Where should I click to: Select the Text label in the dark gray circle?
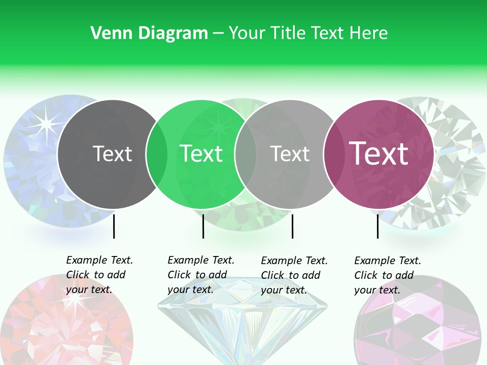(112, 154)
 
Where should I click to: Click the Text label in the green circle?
(201, 154)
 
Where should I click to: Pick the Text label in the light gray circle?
(290, 154)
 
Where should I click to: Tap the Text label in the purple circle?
(378, 154)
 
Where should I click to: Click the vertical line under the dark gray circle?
(114, 226)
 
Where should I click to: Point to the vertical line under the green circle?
(203, 226)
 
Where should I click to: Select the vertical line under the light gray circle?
(292, 226)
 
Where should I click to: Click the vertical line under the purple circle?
(377, 226)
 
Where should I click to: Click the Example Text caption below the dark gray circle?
(99, 275)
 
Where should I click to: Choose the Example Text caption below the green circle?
(200, 275)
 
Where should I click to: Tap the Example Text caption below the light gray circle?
(294, 275)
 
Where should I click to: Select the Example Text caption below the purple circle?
(387, 275)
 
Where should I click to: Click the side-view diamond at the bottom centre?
(242, 324)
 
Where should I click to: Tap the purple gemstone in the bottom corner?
(416, 324)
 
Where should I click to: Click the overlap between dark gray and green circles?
(157, 154)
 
